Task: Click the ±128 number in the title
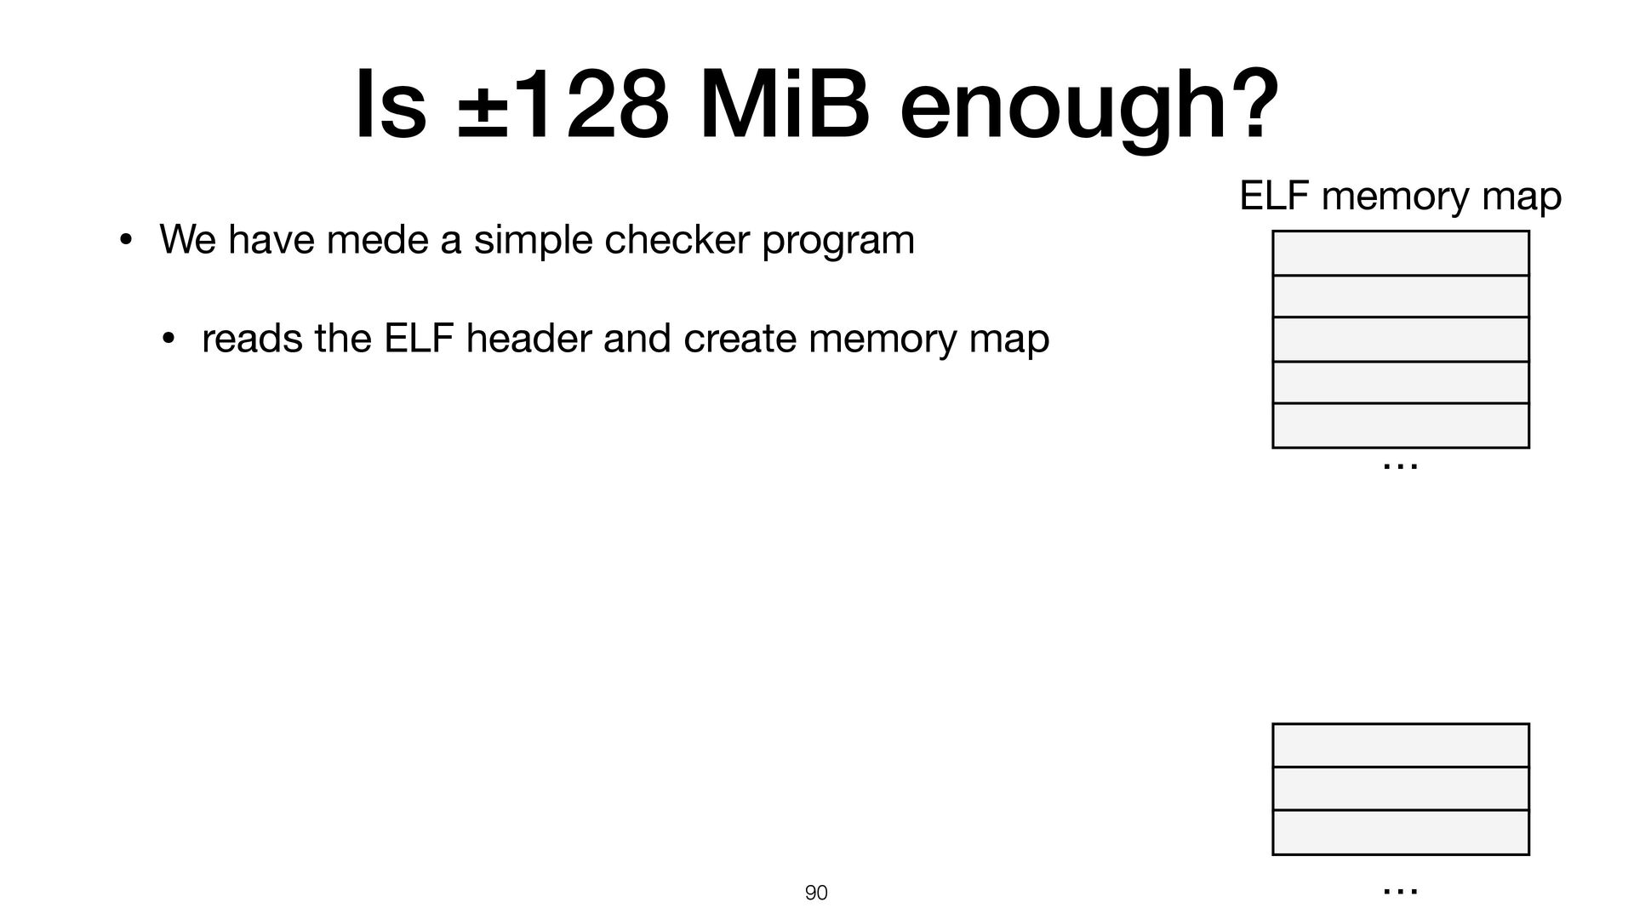[x=558, y=106]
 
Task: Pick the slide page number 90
[x=816, y=893]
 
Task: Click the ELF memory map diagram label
[x=1400, y=197]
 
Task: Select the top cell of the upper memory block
[x=1400, y=253]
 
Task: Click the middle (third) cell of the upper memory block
[x=1400, y=339]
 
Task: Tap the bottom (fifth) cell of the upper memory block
[x=1400, y=425]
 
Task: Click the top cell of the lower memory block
[x=1400, y=745]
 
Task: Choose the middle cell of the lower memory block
[x=1400, y=789]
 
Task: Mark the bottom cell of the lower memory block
[x=1400, y=832]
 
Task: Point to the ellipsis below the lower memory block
[x=1400, y=891]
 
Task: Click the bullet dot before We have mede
[x=124, y=241]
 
